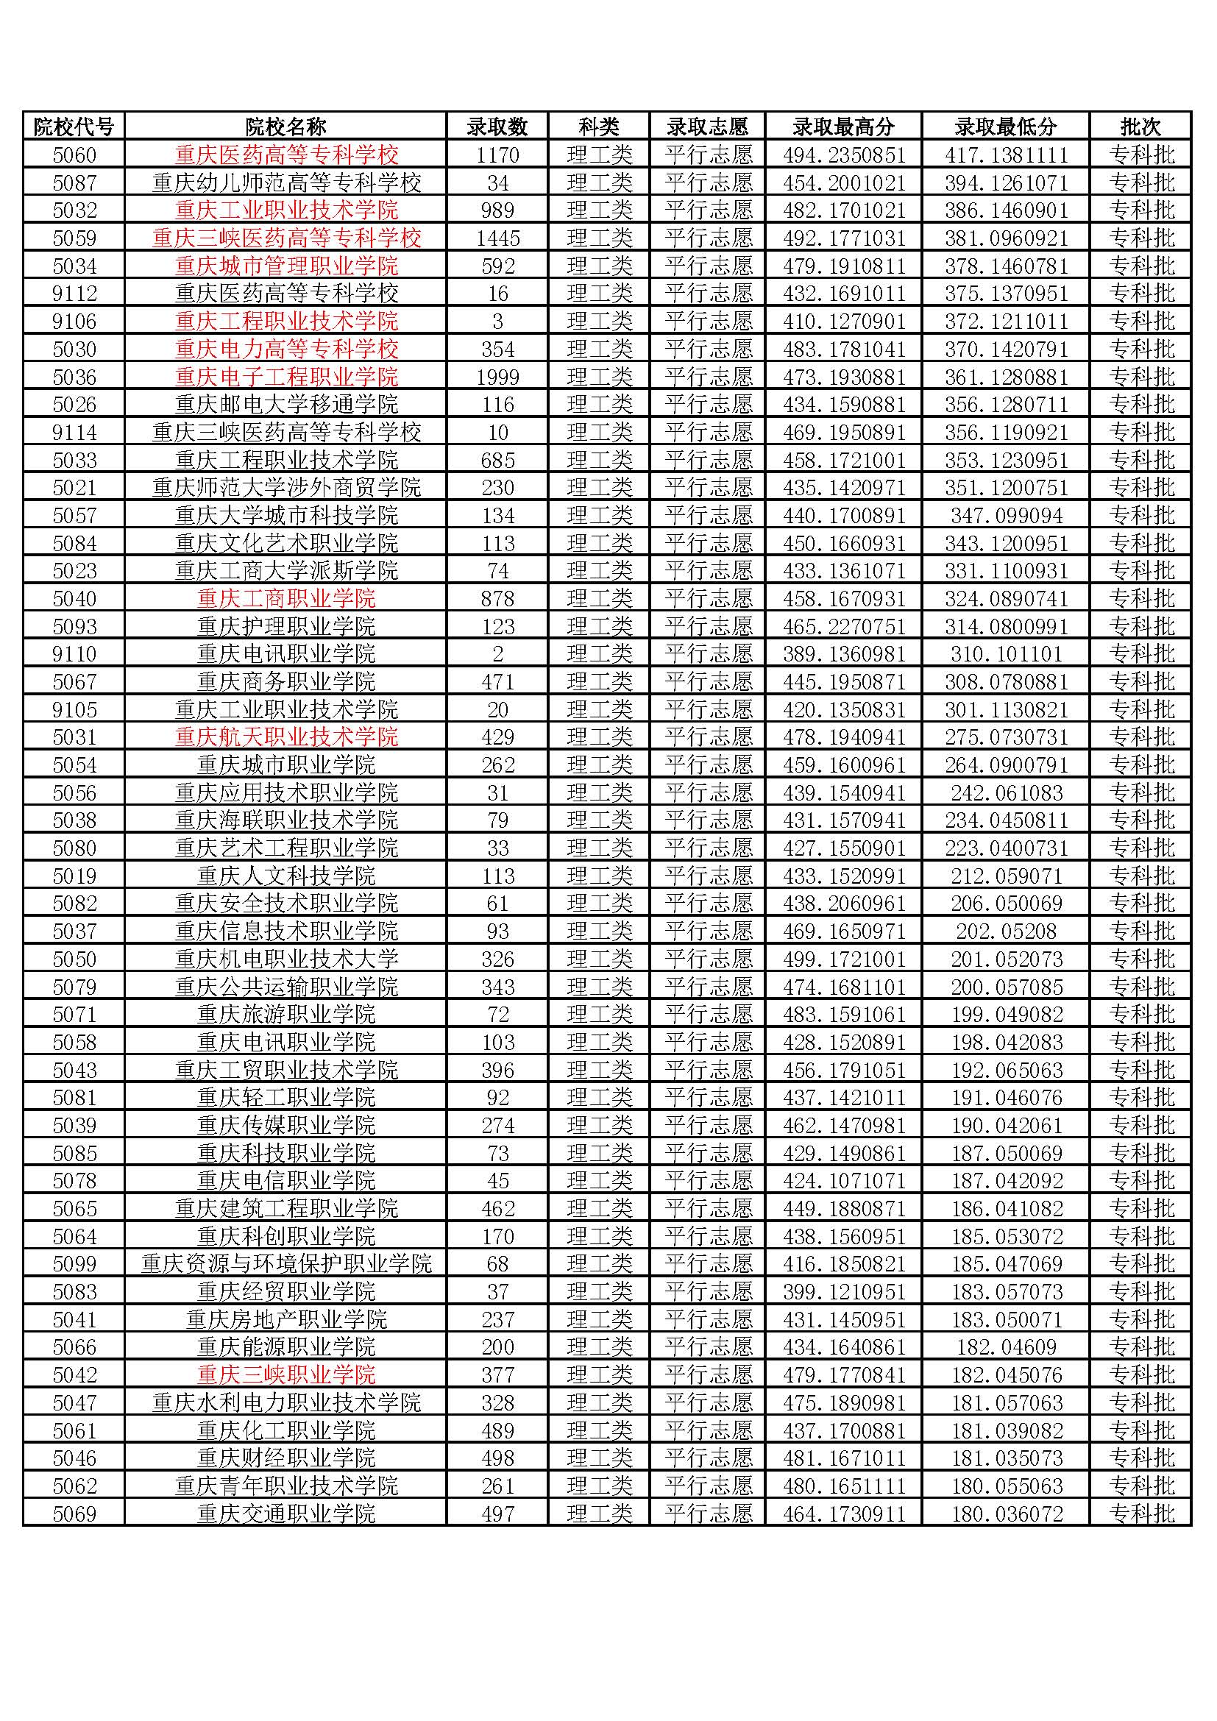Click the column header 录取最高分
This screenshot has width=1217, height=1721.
coord(844,127)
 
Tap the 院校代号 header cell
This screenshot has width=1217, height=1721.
coord(74,127)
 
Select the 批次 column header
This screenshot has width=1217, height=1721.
coord(1140,127)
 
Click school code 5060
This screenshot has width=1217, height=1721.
coord(74,155)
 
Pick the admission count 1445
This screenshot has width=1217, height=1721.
coord(497,238)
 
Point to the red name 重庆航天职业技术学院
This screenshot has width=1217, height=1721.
coord(286,737)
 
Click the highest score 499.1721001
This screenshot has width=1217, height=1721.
coord(844,959)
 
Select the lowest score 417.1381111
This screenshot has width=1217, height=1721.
coord(1006,155)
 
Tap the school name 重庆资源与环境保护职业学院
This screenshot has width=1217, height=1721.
coord(286,1264)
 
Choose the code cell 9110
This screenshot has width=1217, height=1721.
coord(74,653)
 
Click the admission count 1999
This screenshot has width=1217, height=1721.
coord(497,377)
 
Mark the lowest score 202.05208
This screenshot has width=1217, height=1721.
coord(1006,931)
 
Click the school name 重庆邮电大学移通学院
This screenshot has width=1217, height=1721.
coord(286,405)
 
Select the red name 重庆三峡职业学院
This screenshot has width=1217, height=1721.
coord(286,1374)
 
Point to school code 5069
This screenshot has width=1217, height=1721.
coord(74,1514)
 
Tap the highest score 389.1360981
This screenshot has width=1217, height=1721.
coord(844,653)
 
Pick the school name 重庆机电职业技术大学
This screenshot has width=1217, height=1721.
coord(286,959)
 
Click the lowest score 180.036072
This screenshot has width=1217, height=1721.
coord(1006,1514)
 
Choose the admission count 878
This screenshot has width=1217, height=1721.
coord(497,598)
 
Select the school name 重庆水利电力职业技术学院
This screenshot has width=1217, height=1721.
coord(286,1402)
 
